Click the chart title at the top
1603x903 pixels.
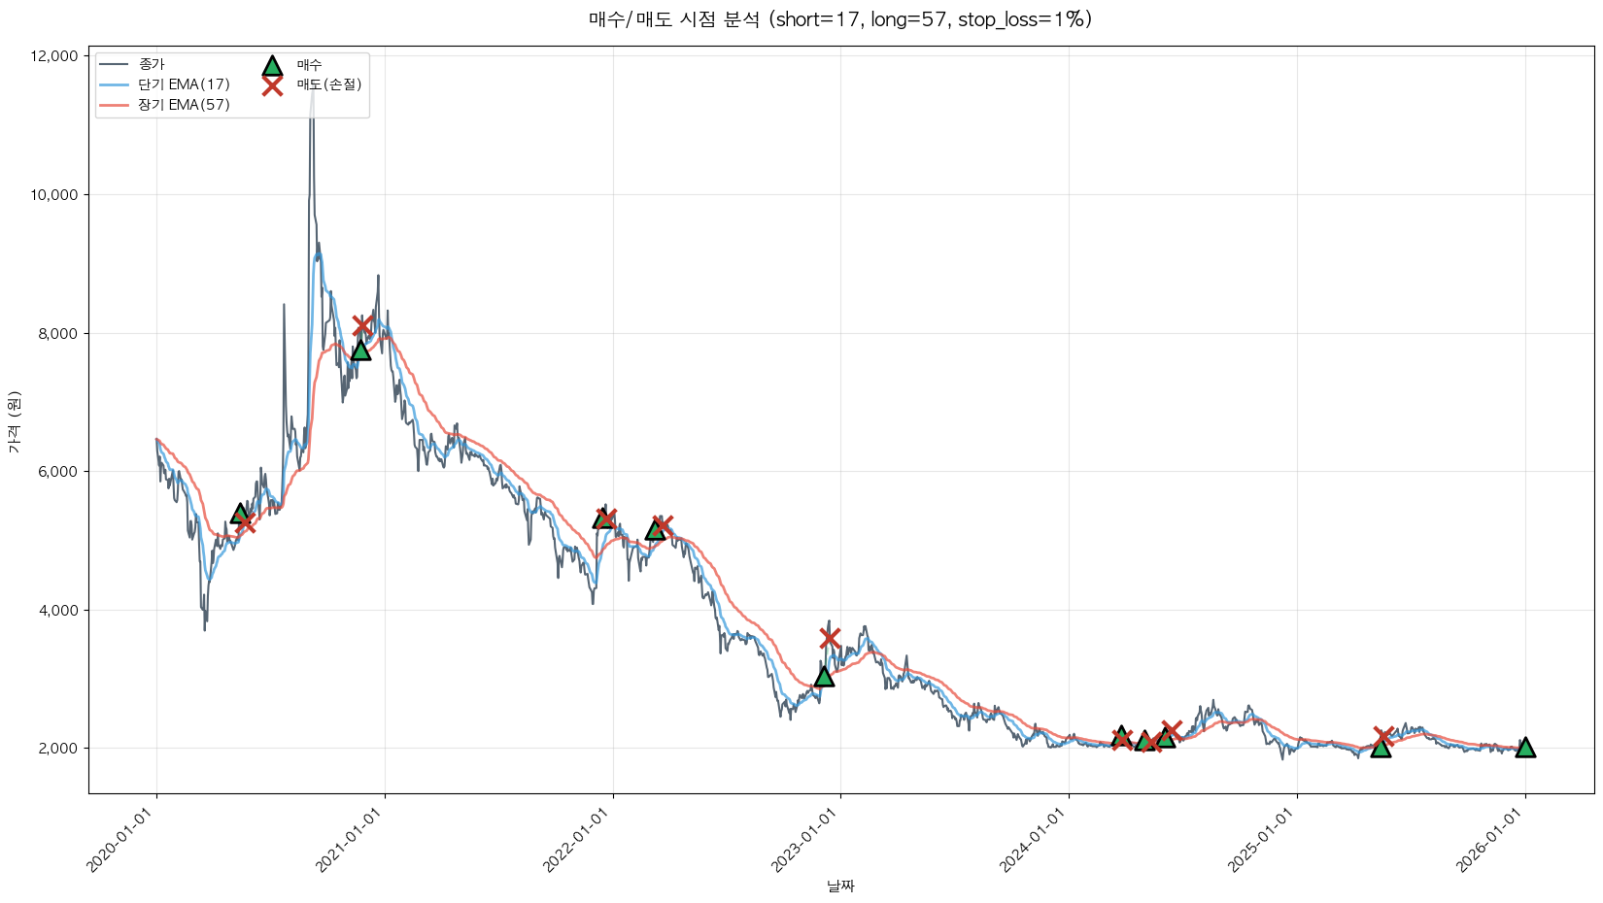(839, 19)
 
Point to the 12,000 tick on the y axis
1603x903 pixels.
(54, 56)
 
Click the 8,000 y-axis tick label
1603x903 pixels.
(57, 333)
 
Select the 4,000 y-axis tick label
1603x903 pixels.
(57, 610)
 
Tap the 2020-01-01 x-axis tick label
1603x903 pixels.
(122, 840)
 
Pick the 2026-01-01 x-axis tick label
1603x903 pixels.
(1490, 840)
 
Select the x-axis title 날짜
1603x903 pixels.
(840, 886)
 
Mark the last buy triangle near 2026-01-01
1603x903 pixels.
(1525, 747)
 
